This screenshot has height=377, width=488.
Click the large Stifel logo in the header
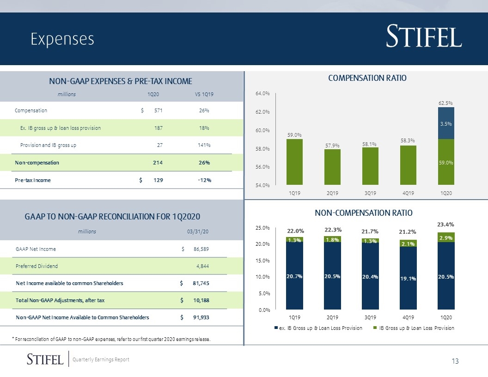click(x=424, y=36)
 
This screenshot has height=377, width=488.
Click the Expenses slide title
click(x=62, y=39)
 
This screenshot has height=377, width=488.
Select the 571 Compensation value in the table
click(x=158, y=110)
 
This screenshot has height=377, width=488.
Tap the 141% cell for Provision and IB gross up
click(x=204, y=145)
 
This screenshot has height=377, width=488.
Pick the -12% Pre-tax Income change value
click(x=204, y=180)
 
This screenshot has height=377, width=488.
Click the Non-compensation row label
click(x=37, y=163)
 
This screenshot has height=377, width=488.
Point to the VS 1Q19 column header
click(x=204, y=94)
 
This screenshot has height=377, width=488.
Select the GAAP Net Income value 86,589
click(x=201, y=249)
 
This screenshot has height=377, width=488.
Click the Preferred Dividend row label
click(x=37, y=266)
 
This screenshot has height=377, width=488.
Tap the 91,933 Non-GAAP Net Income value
click(x=201, y=317)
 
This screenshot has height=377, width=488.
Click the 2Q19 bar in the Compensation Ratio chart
click(x=332, y=167)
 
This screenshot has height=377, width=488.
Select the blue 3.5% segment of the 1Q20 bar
click(x=446, y=123)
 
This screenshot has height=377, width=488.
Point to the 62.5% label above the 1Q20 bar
click(x=445, y=103)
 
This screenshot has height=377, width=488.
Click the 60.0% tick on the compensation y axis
click(x=262, y=130)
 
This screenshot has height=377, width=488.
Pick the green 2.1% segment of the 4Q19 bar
click(x=408, y=243)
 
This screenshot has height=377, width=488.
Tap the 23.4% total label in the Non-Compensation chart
click(x=445, y=224)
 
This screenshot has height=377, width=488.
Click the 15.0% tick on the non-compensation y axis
click(x=262, y=261)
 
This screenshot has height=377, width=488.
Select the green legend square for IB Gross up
click(x=375, y=328)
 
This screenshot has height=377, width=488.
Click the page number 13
click(x=455, y=361)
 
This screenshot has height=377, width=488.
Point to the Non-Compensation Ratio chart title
click(x=364, y=213)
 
